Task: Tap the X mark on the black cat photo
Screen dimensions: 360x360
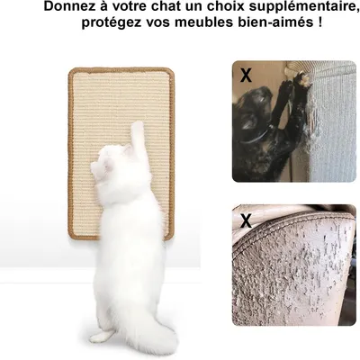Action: (246, 76)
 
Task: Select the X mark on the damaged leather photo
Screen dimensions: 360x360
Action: (246, 221)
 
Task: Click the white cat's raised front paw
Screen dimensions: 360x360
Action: (138, 128)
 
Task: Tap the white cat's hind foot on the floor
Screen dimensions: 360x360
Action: (102, 337)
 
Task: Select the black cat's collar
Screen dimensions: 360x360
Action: (255, 138)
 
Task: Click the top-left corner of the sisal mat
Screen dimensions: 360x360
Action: (70, 69)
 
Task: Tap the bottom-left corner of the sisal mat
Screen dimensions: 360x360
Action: (71, 238)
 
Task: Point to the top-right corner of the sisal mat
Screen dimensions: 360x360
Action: (172, 70)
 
